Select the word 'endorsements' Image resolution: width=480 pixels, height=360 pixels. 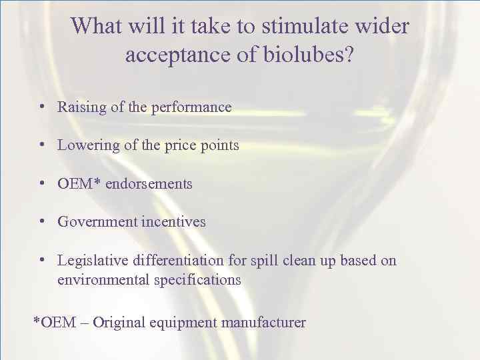click(150, 183)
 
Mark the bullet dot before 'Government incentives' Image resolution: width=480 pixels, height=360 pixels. click(42, 221)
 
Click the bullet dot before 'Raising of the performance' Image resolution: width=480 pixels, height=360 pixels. click(42, 107)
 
